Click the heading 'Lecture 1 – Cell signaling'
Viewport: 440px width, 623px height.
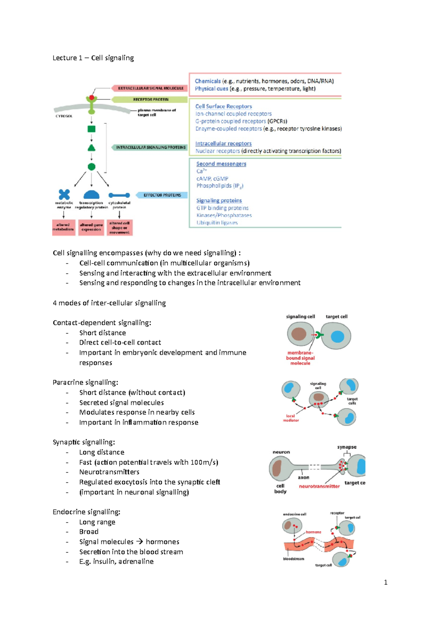click(x=93, y=58)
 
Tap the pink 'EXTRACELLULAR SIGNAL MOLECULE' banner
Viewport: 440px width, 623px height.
click(x=150, y=88)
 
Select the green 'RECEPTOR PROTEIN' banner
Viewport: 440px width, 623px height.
click(x=150, y=99)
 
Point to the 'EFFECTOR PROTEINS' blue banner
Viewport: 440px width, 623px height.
click(x=162, y=195)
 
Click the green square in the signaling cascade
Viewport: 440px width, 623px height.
click(x=92, y=129)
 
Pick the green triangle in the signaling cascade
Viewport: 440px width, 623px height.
click(x=92, y=148)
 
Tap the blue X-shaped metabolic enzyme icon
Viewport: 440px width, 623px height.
click(x=64, y=194)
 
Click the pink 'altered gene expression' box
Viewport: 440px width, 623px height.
click(x=91, y=227)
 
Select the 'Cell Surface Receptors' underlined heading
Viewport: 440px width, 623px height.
click(x=223, y=106)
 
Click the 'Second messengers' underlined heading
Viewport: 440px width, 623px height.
click(x=221, y=164)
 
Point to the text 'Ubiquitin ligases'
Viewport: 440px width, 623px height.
click(x=217, y=223)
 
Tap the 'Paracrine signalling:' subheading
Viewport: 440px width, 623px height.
click(x=85, y=382)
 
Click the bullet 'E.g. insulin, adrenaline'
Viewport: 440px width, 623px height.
click(x=116, y=561)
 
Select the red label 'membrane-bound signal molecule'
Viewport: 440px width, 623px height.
click(x=300, y=358)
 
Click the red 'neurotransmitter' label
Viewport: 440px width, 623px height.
click(x=319, y=486)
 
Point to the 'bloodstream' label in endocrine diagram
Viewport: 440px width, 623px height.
click(x=293, y=559)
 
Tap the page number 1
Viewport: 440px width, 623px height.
click(x=385, y=582)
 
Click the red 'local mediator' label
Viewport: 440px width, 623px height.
click(x=290, y=418)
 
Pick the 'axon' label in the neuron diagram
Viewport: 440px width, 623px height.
click(x=303, y=477)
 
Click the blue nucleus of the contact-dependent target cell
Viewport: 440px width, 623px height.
click(x=337, y=336)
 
